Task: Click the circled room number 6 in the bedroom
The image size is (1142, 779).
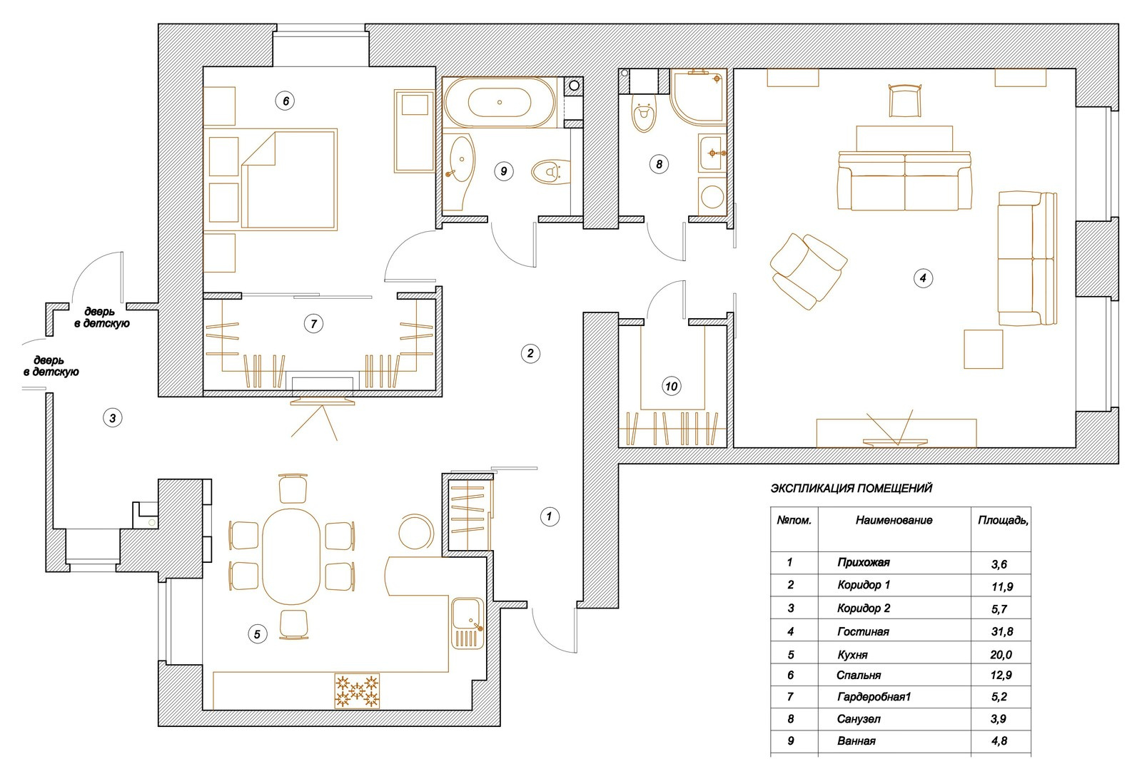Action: [285, 101]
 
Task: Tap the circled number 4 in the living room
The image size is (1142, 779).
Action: [923, 278]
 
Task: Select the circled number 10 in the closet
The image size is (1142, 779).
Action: [672, 386]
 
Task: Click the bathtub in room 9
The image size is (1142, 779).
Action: [500, 103]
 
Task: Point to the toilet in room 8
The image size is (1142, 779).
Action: [643, 113]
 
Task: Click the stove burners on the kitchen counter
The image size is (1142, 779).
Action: [357, 691]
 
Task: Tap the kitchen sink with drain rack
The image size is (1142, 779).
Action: [467, 623]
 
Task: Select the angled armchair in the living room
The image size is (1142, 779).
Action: [808, 271]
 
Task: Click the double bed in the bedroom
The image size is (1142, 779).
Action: [288, 179]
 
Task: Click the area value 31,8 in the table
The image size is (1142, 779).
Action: [1002, 632]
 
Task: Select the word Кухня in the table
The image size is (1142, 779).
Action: [852, 655]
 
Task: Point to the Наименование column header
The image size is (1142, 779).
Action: [894, 520]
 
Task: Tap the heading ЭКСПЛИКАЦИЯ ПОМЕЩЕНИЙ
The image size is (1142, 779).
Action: [851, 488]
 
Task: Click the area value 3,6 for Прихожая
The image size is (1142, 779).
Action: [999, 564]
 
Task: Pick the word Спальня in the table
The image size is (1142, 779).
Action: [859, 675]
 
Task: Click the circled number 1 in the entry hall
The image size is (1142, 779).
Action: [550, 516]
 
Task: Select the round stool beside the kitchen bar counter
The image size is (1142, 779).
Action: [415, 531]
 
